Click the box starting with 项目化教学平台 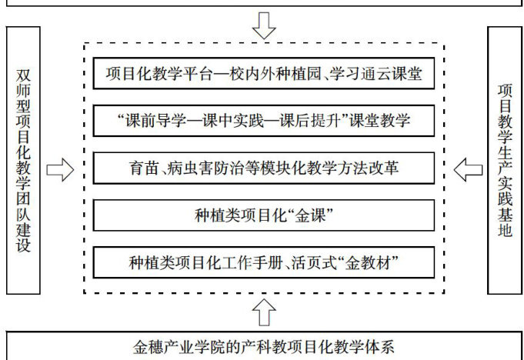[264, 75]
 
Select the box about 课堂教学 [264, 121]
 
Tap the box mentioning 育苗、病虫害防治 [264, 167]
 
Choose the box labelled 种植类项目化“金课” [264, 214]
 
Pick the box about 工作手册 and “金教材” [264, 262]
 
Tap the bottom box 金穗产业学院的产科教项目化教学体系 [264, 346]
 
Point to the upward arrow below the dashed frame [264, 311]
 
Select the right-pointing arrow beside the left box [60, 168]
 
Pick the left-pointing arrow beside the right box [468, 167]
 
